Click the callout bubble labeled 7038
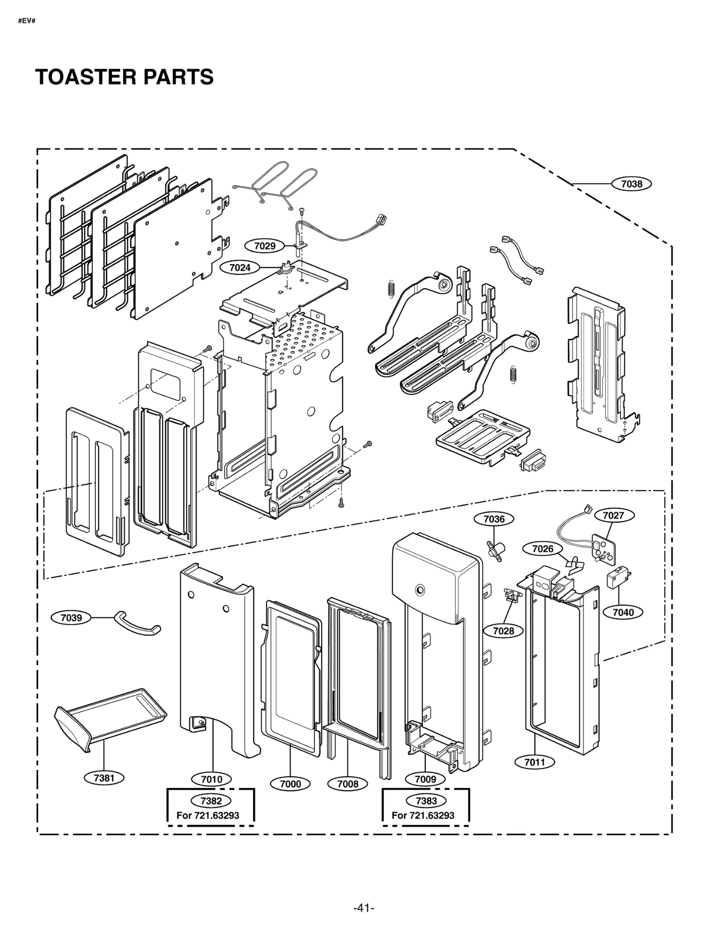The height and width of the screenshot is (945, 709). (631, 184)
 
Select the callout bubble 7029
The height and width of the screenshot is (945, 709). (265, 246)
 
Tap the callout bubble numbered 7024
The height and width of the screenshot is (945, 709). (240, 267)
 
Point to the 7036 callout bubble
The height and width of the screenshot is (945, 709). (494, 519)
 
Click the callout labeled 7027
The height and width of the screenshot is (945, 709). (613, 515)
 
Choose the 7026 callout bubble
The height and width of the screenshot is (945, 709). (542, 549)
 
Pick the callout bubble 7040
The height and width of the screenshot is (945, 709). (623, 612)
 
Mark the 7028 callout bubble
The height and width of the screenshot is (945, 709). (503, 630)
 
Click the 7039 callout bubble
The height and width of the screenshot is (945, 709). (71, 617)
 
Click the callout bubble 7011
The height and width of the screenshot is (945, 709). (534, 762)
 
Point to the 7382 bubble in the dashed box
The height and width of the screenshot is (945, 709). (211, 801)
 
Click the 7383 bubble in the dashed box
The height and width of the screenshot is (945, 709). (426, 801)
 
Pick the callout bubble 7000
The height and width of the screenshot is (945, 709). (290, 784)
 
